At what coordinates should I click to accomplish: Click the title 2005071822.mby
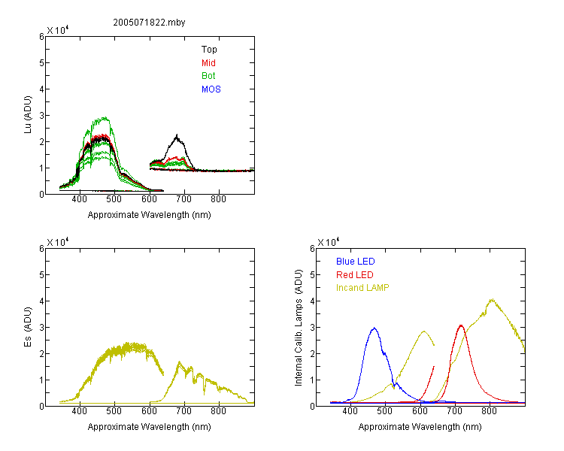pos(149,23)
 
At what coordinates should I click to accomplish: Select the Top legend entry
pos(209,50)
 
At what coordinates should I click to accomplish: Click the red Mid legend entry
pos(208,63)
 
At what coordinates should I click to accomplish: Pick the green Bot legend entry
pos(208,76)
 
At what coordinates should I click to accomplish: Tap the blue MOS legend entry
pos(211,89)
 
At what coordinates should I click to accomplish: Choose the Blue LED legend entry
pos(356,262)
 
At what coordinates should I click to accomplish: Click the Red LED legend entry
pos(355,275)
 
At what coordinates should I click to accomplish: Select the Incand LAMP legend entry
pos(362,288)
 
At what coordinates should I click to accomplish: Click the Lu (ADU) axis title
pos(28,115)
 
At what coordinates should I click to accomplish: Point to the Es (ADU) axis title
pos(28,327)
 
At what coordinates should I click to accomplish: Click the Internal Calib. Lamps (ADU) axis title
pos(299,328)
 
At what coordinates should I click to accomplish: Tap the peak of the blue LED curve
pos(374,328)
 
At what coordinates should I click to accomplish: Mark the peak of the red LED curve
pos(461,325)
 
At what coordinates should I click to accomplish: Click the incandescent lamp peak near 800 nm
pos(491,300)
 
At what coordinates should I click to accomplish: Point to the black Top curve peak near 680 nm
pos(177,135)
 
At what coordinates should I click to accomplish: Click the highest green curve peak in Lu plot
pos(105,117)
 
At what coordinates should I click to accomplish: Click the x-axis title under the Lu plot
pos(150,215)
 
